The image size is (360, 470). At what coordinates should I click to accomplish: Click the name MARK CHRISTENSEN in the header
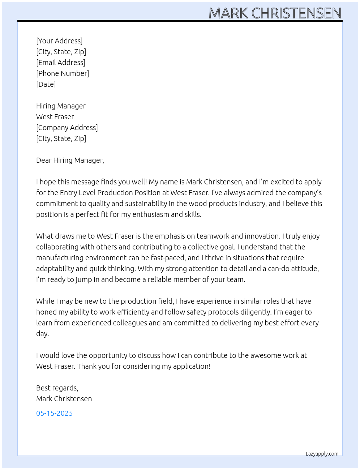(x=275, y=13)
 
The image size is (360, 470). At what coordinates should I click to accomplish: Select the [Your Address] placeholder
(x=59, y=41)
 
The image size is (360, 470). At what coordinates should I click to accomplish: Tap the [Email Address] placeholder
(x=61, y=63)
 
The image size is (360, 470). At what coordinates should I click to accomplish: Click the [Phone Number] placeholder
(x=63, y=73)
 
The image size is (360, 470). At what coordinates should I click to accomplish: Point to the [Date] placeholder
(x=46, y=84)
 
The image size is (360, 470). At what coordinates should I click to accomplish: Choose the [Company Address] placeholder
(x=67, y=128)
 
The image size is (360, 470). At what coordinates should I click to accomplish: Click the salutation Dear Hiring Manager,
(x=70, y=160)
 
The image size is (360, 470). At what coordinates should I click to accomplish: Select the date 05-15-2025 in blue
(x=55, y=413)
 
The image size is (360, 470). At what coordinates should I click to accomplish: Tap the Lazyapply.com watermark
(x=322, y=454)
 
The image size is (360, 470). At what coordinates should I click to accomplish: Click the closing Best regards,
(x=57, y=388)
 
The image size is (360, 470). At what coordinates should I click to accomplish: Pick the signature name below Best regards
(x=64, y=399)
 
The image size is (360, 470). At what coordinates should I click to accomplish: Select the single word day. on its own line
(x=42, y=334)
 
